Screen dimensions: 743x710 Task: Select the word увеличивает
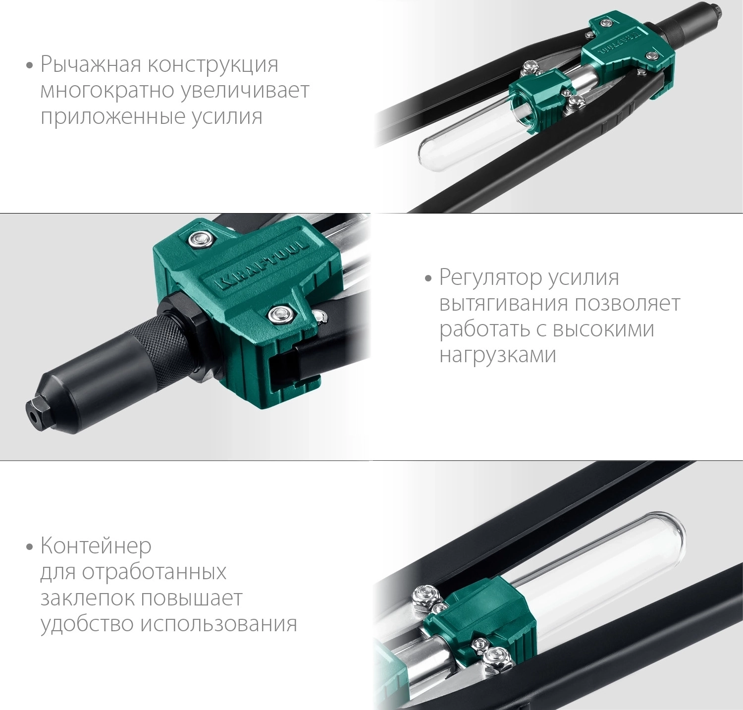(x=245, y=91)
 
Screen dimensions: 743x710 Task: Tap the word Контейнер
(x=96, y=546)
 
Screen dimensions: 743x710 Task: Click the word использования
(x=219, y=624)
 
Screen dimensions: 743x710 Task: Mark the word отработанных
(x=154, y=572)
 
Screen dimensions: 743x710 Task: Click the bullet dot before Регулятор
(x=428, y=278)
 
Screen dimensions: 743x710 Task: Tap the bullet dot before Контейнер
(x=30, y=547)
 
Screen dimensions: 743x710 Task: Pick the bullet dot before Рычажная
(x=30, y=66)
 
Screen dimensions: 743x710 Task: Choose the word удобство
(x=87, y=624)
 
